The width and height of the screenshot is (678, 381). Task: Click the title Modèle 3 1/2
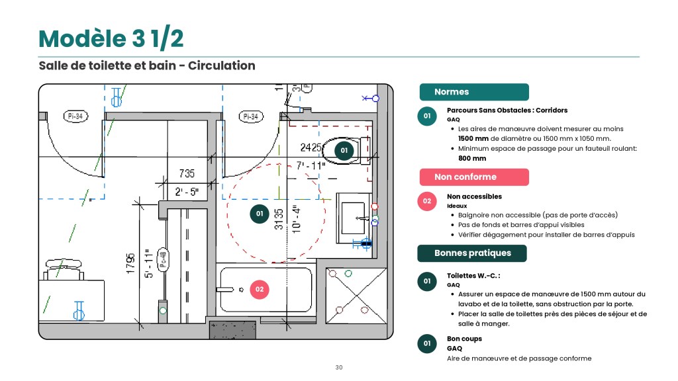(111, 38)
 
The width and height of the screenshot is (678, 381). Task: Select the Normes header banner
(474, 92)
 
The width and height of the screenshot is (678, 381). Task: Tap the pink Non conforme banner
(474, 177)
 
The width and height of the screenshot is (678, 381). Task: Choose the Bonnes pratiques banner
(471, 253)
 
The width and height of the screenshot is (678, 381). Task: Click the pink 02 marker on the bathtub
(260, 290)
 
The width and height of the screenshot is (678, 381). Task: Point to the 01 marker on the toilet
(344, 151)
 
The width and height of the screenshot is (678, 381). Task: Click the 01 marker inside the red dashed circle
(260, 214)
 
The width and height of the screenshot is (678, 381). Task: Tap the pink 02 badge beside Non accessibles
(427, 201)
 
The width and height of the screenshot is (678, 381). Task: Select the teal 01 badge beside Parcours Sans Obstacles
(427, 116)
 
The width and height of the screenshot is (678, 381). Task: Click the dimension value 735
(187, 174)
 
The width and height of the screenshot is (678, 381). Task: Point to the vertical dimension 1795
(130, 263)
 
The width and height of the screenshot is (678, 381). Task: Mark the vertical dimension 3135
(279, 219)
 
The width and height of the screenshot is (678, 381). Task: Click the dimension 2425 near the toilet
(311, 148)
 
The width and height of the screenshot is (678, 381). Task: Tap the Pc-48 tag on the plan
(163, 260)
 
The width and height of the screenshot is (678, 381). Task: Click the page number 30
(339, 368)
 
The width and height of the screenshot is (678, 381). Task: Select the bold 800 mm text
(472, 159)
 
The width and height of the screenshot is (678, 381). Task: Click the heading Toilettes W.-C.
(473, 276)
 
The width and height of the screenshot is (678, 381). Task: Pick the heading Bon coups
(464, 339)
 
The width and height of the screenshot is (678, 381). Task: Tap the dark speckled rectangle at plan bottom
(232, 330)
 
